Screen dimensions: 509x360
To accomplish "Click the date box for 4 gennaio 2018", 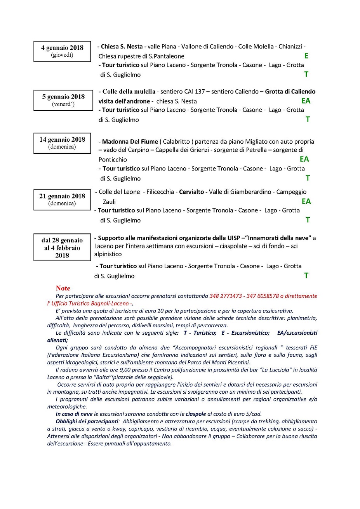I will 62,51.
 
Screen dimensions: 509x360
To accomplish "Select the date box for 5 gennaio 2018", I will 63,100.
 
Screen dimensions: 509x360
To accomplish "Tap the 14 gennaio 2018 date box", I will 62,143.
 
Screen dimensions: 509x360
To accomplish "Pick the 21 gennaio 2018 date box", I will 62,200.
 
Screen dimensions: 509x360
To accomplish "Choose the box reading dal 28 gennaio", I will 62,248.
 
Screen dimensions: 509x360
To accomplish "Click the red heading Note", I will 63,288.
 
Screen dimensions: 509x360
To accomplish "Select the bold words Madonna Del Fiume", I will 130,142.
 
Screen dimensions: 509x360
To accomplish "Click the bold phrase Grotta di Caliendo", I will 290,92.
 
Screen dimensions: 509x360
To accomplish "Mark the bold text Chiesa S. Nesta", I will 122,47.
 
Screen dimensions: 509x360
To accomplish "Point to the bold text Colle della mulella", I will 129,92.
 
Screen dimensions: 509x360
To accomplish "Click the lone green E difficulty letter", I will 306,56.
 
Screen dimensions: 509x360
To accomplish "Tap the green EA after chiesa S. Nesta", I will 306,101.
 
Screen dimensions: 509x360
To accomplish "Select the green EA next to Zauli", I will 306,201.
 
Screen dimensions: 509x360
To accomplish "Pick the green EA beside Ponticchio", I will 304,159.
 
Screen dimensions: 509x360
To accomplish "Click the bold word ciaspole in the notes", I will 196,414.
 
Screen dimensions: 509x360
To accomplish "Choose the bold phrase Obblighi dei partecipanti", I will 87,421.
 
